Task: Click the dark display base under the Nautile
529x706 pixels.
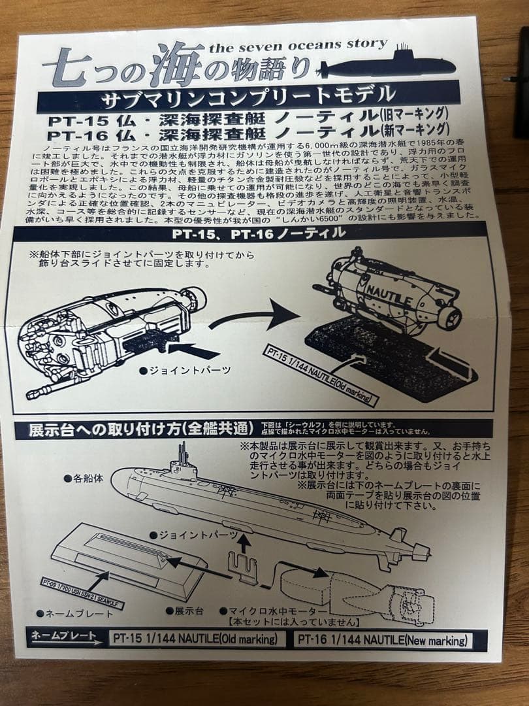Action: (385, 356)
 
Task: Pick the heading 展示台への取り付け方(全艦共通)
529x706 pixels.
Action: (140, 429)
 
